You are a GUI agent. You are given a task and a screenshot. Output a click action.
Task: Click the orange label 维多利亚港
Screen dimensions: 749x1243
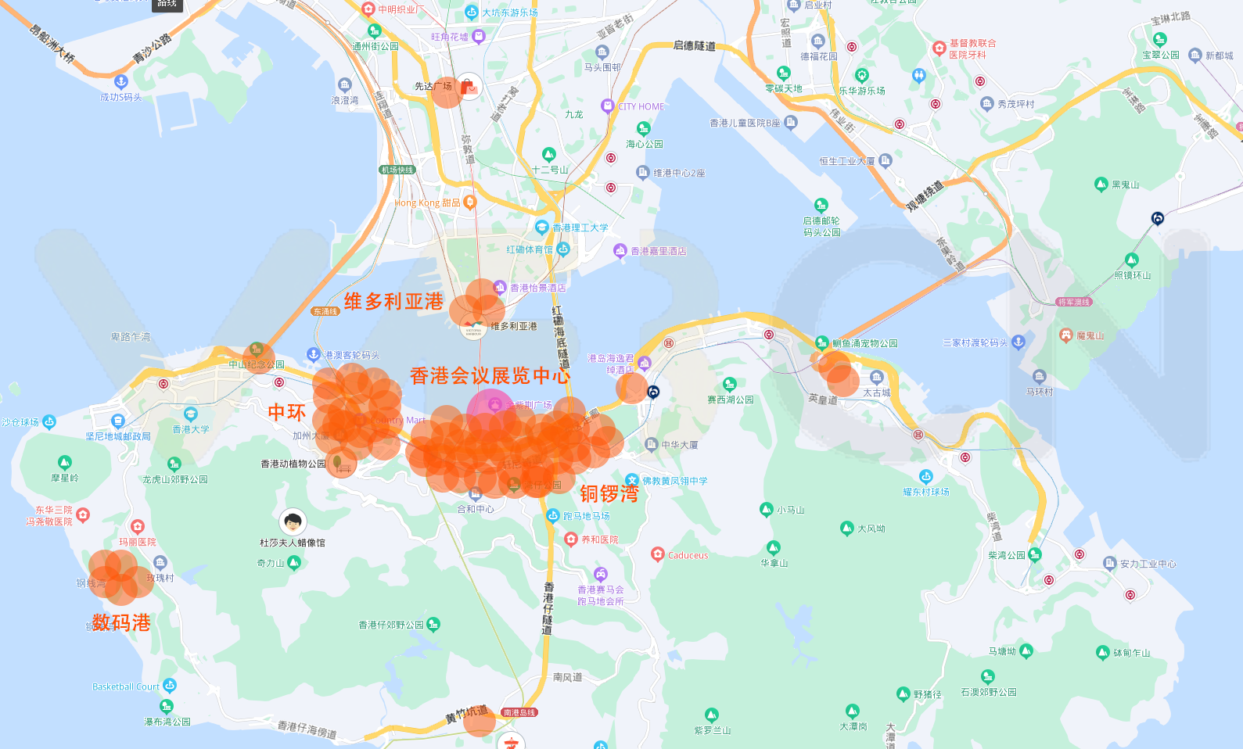[393, 302]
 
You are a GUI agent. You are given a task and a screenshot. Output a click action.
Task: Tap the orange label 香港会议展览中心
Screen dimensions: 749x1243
[490, 376]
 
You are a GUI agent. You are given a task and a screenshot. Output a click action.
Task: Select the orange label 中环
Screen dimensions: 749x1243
[286, 412]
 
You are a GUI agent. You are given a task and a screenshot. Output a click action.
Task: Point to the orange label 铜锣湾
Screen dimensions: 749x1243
[609, 493]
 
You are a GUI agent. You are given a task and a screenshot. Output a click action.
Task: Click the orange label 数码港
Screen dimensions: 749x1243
[121, 622]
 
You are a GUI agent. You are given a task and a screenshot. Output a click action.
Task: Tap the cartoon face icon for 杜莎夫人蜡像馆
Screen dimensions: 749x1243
[293, 521]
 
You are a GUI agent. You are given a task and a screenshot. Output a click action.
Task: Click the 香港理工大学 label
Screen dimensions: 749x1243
[580, 228]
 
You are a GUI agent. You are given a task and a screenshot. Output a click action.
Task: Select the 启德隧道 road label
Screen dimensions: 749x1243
[694, 45]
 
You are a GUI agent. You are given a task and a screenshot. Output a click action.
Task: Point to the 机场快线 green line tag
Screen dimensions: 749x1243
[397, 170]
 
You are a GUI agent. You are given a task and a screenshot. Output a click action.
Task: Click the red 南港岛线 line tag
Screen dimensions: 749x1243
[519, 712]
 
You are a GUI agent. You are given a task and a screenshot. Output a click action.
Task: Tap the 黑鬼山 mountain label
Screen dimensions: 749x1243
[1125, 185]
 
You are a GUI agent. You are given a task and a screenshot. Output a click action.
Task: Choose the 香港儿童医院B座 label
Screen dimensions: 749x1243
[745, 123]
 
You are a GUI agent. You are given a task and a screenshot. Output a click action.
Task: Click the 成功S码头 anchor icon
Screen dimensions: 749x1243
[120, 81]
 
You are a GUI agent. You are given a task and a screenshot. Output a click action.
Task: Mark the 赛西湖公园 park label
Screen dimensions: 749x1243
[731, 400]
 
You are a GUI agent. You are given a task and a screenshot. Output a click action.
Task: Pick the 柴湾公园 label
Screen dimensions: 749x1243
[1007, 555]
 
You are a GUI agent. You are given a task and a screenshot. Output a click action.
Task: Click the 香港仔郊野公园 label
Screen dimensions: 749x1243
[391, 625]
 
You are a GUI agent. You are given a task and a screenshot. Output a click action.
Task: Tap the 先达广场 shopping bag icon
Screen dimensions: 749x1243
[469, 86]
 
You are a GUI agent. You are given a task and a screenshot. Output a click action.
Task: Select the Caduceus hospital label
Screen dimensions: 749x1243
[688, 555]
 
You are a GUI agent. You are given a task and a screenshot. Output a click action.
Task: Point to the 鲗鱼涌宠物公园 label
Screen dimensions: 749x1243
[864, 343]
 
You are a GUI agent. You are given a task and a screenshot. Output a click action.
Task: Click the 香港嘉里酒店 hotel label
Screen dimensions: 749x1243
[658, 251]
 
